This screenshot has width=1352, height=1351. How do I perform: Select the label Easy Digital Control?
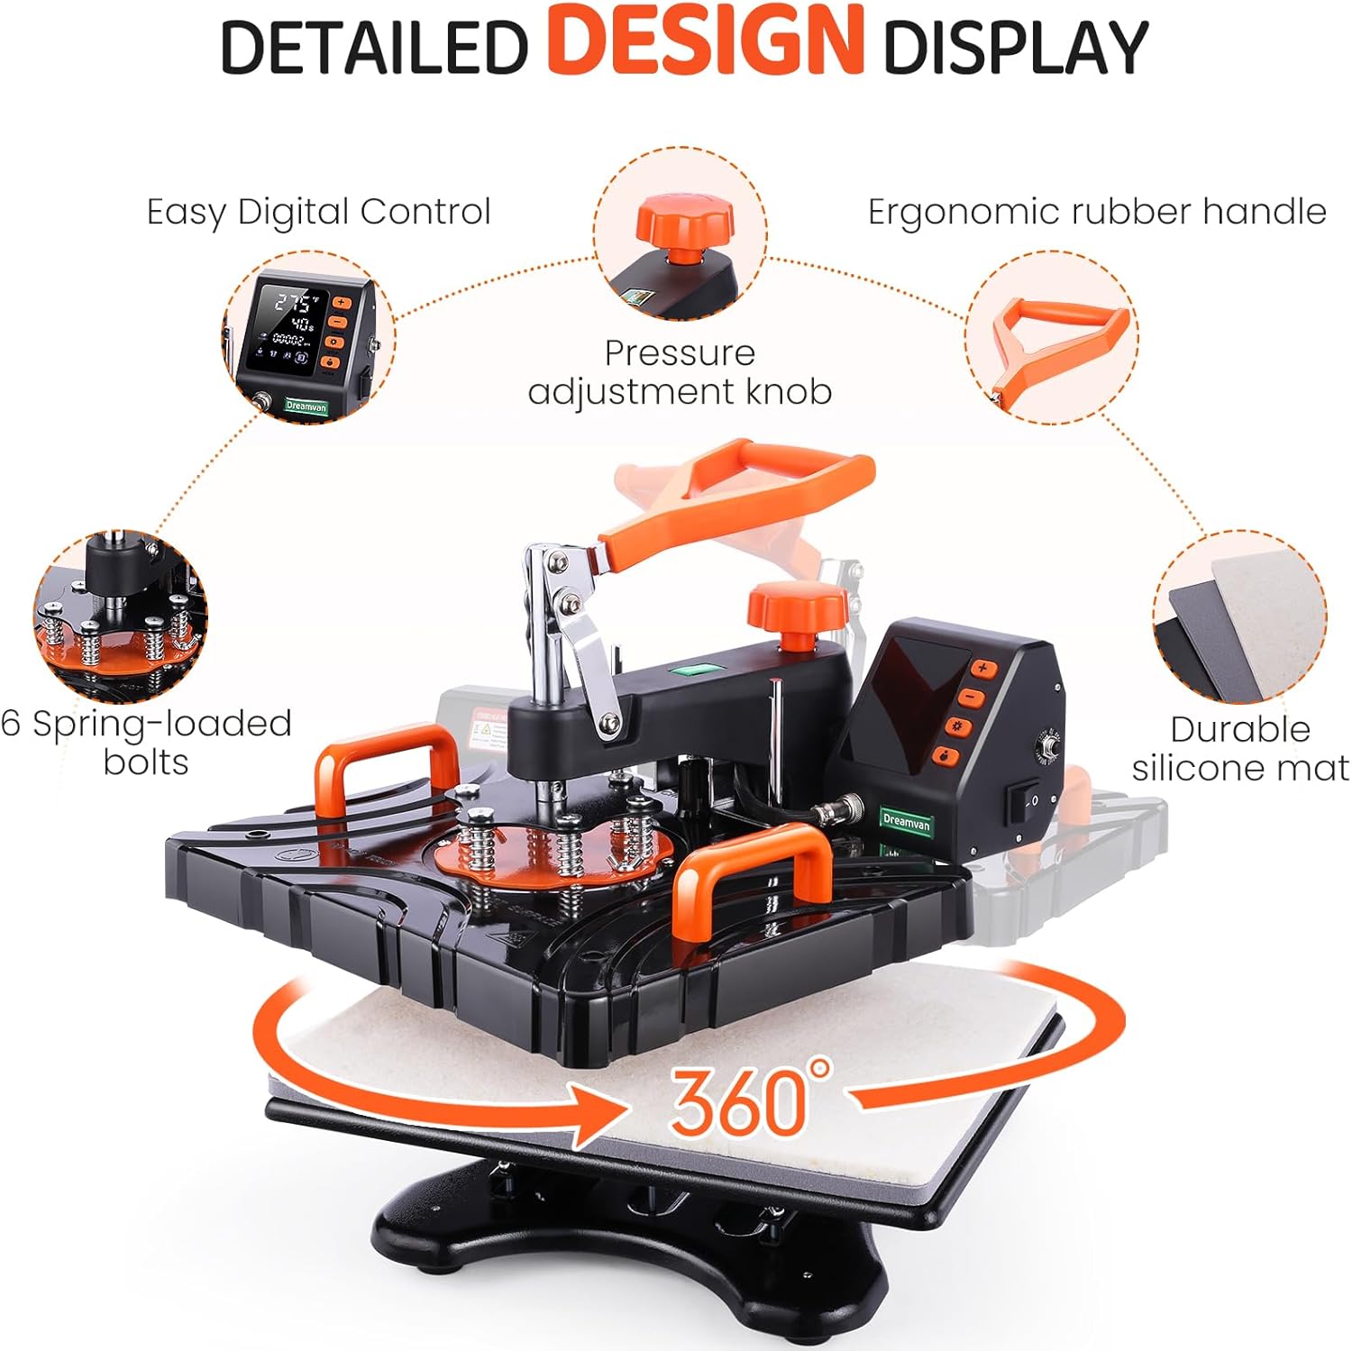pyautogui.click(x=318, y=213)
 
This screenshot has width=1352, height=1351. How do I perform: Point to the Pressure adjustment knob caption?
pyautogui.click(x=680, y=372)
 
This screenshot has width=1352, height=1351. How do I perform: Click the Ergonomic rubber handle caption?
pyautogui.click(x=1096, y=213)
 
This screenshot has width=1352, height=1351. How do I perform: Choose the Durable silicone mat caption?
pyautogui.click(x=1240, y=748)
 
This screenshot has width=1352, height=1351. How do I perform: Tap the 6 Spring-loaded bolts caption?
pyautogui.click(x=146, y=743)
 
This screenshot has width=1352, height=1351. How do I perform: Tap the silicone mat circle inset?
pyautogui.click(x=1240, y=618)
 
